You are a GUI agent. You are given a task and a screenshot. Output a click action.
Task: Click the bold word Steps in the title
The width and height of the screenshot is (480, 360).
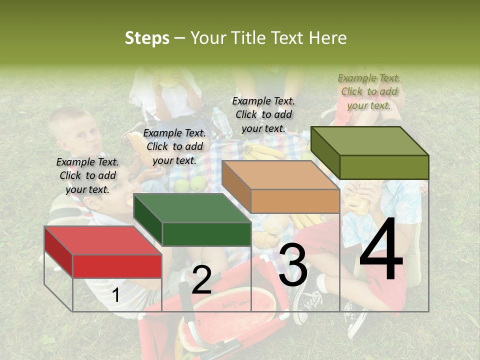click(147, 38)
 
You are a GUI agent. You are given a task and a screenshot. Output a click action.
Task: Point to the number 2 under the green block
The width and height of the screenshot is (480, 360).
click(201, 280)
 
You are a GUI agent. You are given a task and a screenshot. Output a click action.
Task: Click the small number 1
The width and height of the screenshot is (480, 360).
click(115, 295)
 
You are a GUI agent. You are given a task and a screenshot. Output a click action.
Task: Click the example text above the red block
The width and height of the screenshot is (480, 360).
click(87, 175)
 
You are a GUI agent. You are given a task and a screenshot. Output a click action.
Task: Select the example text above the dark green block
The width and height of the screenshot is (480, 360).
click(174, 146)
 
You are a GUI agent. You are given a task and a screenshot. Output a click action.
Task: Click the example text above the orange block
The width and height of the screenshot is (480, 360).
click(263, 114)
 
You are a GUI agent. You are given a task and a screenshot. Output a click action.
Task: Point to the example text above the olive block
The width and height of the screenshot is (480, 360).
click(369, 91)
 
